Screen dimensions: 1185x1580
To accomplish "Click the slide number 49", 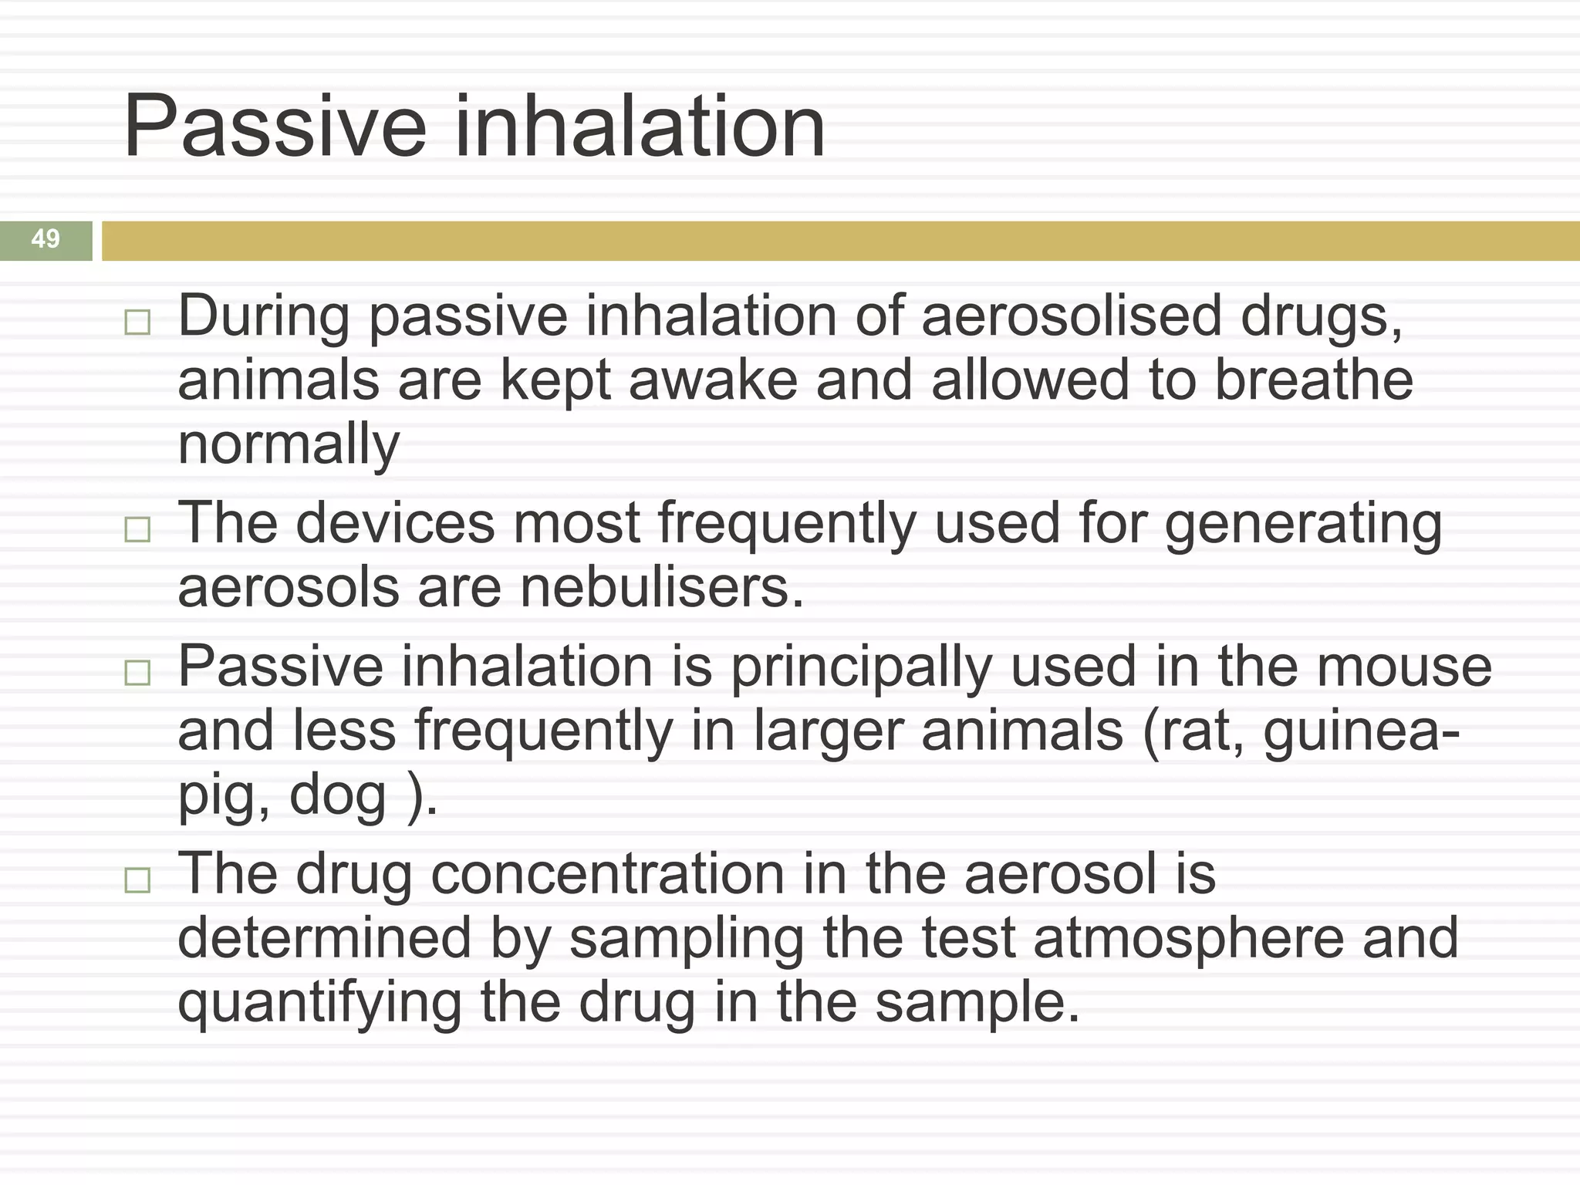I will [x=46, y=239].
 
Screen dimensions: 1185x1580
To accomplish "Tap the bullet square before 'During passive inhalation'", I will [x=137, y=322].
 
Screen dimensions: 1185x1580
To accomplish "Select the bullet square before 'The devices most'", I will [x=137, y=529].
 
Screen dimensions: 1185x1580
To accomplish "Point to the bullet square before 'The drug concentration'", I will [x=137, y=879].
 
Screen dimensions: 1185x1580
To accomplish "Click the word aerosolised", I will [x=1072, y=316].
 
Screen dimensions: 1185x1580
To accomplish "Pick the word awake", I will [x=713, y=380].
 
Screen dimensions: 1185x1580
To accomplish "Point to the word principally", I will [x=861, y=668].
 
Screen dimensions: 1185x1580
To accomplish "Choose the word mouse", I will [x=1404, y=667].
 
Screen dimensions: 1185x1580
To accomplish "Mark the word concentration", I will [x=608, y=875].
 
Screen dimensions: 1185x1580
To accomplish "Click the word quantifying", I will [x=319, y=1004].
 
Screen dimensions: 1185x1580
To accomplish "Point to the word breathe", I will [x=1314, y=380].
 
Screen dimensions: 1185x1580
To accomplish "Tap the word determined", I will [x=324, y=939].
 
